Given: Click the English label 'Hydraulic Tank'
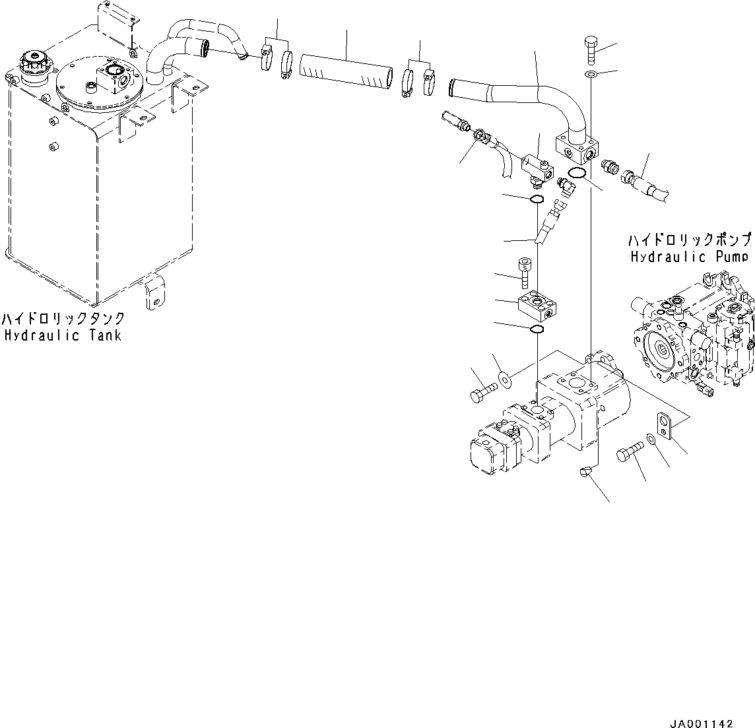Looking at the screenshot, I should click(x=63, y=335).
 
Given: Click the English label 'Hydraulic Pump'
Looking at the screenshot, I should click(x=690, y=257).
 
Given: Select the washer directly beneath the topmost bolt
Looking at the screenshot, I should click(x=591, y=73).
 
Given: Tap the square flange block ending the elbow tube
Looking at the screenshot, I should click(x=577, y=147).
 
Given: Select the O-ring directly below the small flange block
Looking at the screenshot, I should click(x=537, y=329).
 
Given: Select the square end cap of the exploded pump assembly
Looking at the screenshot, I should click(x=487, y=455).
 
